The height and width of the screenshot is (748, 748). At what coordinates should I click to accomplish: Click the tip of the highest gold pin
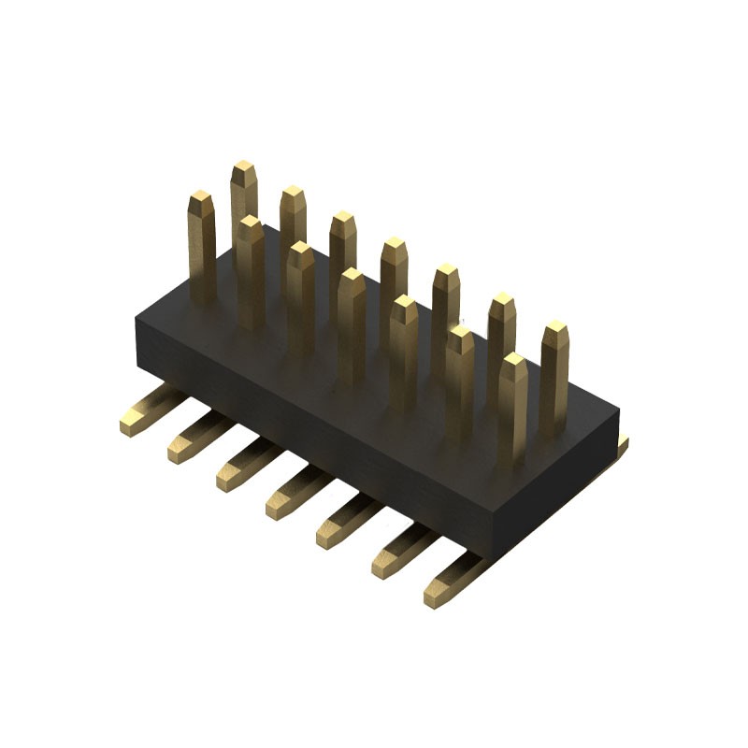(243, 169)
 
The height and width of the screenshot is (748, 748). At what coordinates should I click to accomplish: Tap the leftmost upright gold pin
(202, 243)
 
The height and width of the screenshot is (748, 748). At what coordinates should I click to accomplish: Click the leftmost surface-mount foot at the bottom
(137, 415)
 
